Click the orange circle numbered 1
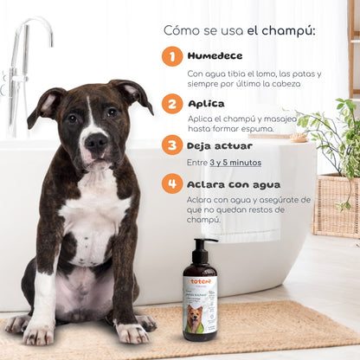tap(172, 56)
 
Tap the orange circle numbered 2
tap(172, 104)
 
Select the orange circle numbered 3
tap(172, 145)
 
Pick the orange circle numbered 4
tap(172, 183)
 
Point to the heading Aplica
tap(206, 103)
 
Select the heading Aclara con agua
tap(235, 183)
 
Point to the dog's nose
tap(96, 141)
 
